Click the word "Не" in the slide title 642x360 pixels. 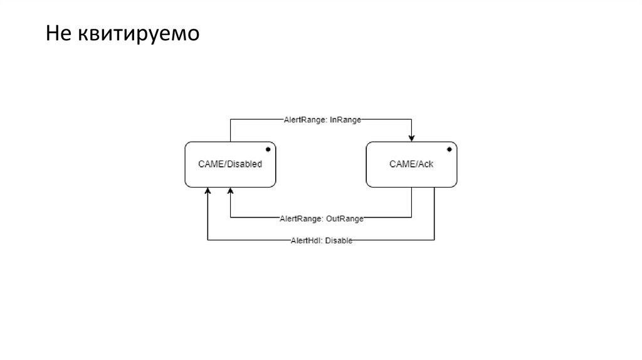[x=58, y=34]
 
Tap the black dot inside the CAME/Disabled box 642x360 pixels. [x=268, y=149]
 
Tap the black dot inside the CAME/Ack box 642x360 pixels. [x=449, y=149]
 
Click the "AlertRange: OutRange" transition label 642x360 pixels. [x=321, y=218]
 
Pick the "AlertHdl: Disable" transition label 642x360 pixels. [x=321, y=240]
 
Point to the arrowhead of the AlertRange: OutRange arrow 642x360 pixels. [x=230, y=191]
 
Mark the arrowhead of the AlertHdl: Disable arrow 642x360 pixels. [x=208, y=191]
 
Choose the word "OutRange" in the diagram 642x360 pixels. [x=344, y=218]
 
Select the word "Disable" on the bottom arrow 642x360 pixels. [x=339, y=240]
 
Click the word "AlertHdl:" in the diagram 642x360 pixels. [x=306, y=240]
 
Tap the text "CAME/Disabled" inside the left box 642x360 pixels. [x=230, y=164]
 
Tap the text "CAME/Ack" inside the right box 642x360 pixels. [x=411, y=164]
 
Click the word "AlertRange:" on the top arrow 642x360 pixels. [x=303, y=119]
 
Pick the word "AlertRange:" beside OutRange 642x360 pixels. [x=301, y=218]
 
